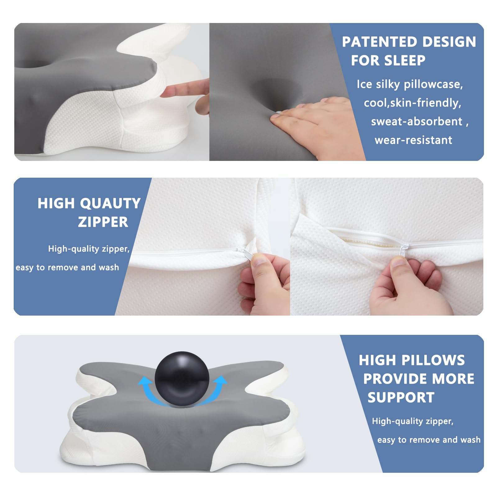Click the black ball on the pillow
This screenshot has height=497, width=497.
(x=182, y=379)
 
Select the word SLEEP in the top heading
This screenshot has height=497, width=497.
(x=406, y=60)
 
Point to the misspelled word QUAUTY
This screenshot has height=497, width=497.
(x=110, y=203)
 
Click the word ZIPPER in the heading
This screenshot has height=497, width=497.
(x=103, y=222)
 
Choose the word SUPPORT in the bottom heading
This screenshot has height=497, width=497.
(x=401, y=398)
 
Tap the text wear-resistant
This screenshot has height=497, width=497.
(x=413, y=140)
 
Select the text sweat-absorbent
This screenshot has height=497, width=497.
(x=417, y=121)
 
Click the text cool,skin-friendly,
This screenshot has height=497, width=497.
(x=413, y=103)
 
